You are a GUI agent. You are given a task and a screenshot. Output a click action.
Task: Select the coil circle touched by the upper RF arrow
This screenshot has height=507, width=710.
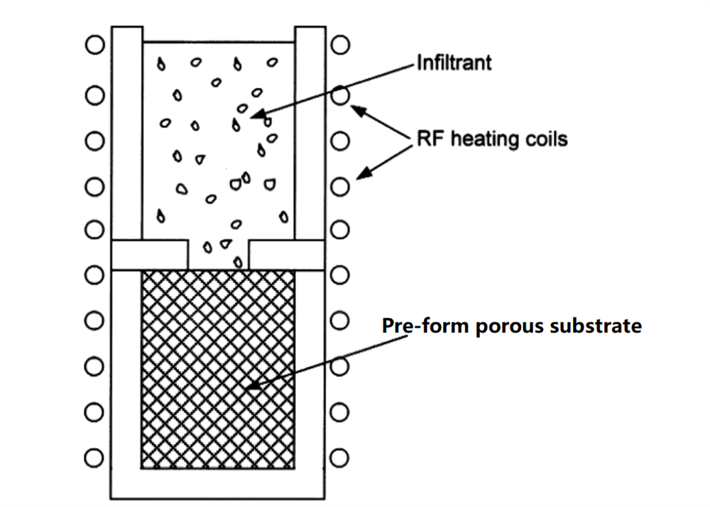341,95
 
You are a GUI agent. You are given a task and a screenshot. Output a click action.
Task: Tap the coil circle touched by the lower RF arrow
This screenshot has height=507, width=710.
341,187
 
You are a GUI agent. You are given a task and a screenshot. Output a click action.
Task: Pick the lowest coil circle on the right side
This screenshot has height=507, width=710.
341,457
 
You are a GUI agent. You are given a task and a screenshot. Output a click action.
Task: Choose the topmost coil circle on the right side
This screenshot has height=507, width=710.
341,45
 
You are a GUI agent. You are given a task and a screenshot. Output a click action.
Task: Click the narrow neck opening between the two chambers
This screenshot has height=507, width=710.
219,253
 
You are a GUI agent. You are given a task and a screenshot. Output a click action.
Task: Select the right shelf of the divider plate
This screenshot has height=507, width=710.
287,254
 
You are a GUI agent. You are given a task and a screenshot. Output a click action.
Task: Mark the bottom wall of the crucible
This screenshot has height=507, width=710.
218,484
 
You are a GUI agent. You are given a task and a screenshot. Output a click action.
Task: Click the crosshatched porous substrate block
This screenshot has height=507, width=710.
218,369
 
